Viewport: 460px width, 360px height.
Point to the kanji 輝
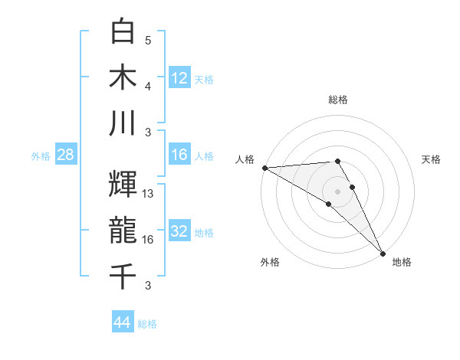click(124, 184)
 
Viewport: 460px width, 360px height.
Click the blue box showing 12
click(179, 77)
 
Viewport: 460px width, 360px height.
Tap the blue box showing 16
click(179, 155)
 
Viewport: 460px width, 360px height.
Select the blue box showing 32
click(179, 231)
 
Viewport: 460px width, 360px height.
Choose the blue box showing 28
click(65, 155)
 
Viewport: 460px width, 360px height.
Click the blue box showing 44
click(123, 322)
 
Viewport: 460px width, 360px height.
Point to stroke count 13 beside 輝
click(149, 194)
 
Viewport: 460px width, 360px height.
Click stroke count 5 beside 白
click(148, 41)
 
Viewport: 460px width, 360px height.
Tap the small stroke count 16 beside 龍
click(149, 240)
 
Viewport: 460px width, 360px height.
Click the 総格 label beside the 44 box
click(147, 324)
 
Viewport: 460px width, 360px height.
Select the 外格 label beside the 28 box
click(41, 156)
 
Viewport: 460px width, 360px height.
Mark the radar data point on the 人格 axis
click(264, 168)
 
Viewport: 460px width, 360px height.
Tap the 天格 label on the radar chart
click(432, 159)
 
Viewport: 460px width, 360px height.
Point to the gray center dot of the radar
click(337, 191)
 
